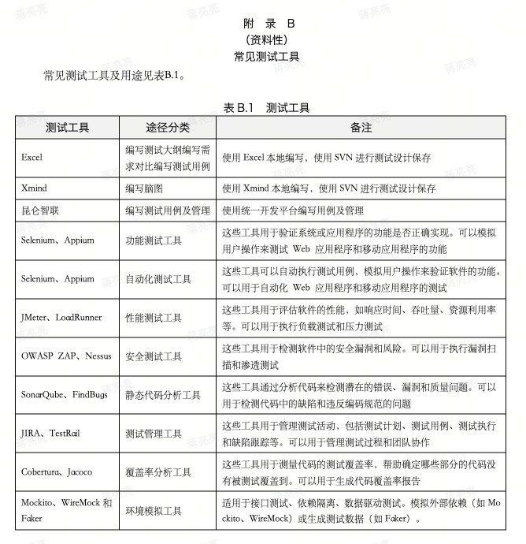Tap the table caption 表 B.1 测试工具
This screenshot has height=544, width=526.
(x=266, y=108)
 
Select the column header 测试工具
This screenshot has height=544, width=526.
(x=67, y=127)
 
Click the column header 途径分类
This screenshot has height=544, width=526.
(x=168, y=127)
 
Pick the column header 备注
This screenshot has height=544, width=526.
(x=361, y=127)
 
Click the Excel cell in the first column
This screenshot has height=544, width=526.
(x=32, y=158)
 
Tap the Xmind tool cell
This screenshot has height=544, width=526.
(x=34, y=189)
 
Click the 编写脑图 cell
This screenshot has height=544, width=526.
(x=143, y=189)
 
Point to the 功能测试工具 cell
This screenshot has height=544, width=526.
(x=153, y=240)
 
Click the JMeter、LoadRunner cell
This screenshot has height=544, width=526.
(x=61, y=318)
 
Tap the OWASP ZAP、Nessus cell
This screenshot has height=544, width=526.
(x=66, y=356)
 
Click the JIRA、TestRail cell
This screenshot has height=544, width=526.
(x=50, y=433)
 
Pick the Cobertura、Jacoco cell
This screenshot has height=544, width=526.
(x=57, y=471)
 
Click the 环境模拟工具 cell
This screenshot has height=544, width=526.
(x=153, y=511)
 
